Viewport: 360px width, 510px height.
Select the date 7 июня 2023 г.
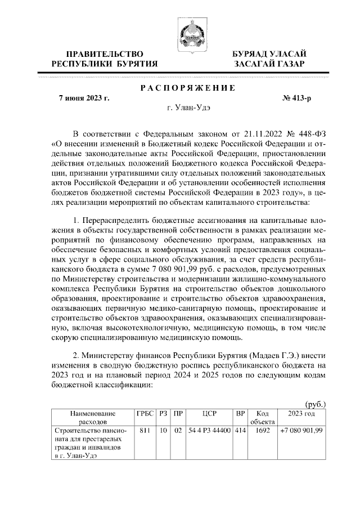(84, 98)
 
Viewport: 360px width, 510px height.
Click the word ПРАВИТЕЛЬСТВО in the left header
(104, 54)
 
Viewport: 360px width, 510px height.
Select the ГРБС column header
(145, 413)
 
